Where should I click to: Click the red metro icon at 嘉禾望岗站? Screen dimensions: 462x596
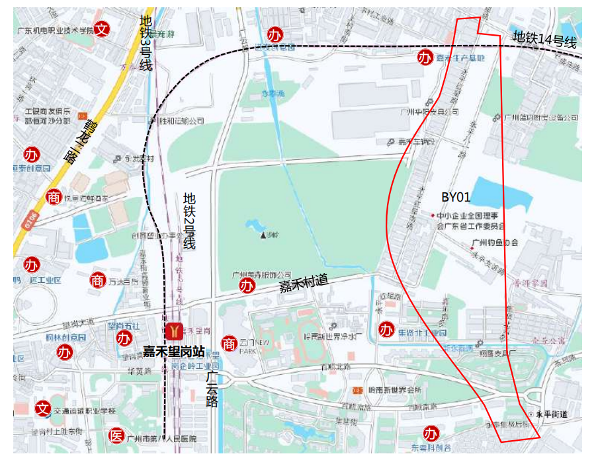[175, 329]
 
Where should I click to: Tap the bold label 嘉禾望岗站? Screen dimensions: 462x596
[168, 351]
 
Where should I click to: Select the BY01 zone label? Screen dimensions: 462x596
[456, 197]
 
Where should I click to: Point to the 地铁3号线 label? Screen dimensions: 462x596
[146, 44]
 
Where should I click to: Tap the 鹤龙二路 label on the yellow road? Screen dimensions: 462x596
[78, 139]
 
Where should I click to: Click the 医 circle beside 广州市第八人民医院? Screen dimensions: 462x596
[116, 436]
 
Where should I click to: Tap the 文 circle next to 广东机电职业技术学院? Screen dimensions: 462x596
[101, 28]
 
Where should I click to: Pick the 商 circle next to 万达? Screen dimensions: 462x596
[98, 280]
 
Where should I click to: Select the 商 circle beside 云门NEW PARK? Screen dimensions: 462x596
[229, 344]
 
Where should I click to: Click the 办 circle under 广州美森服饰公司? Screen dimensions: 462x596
[247, 286]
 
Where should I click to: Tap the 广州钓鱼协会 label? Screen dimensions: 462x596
[495, 243]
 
